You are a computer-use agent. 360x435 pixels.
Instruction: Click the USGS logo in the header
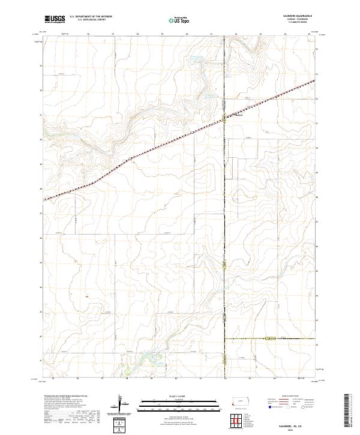click(x=55, y=20)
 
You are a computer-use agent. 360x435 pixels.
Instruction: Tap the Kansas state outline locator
click(x=241, y=400)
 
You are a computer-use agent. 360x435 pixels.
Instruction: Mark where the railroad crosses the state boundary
click(x=224, y=118)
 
